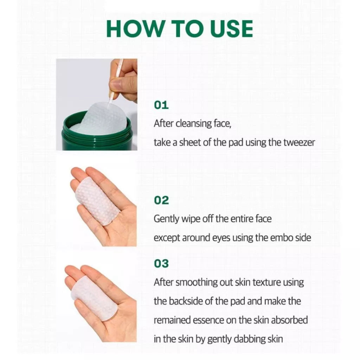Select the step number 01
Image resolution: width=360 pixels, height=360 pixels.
coord(161,105)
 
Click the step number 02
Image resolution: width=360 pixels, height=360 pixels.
coord(161,200)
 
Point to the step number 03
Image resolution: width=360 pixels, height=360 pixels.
coord(161,264)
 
